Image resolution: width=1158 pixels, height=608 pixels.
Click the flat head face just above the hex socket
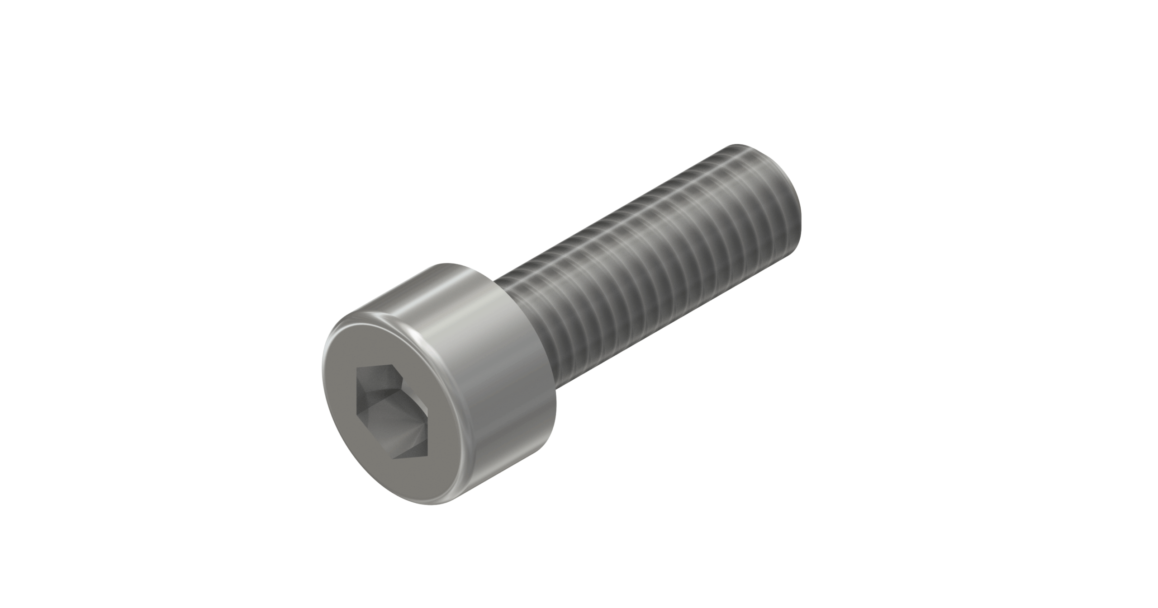point(389,346)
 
